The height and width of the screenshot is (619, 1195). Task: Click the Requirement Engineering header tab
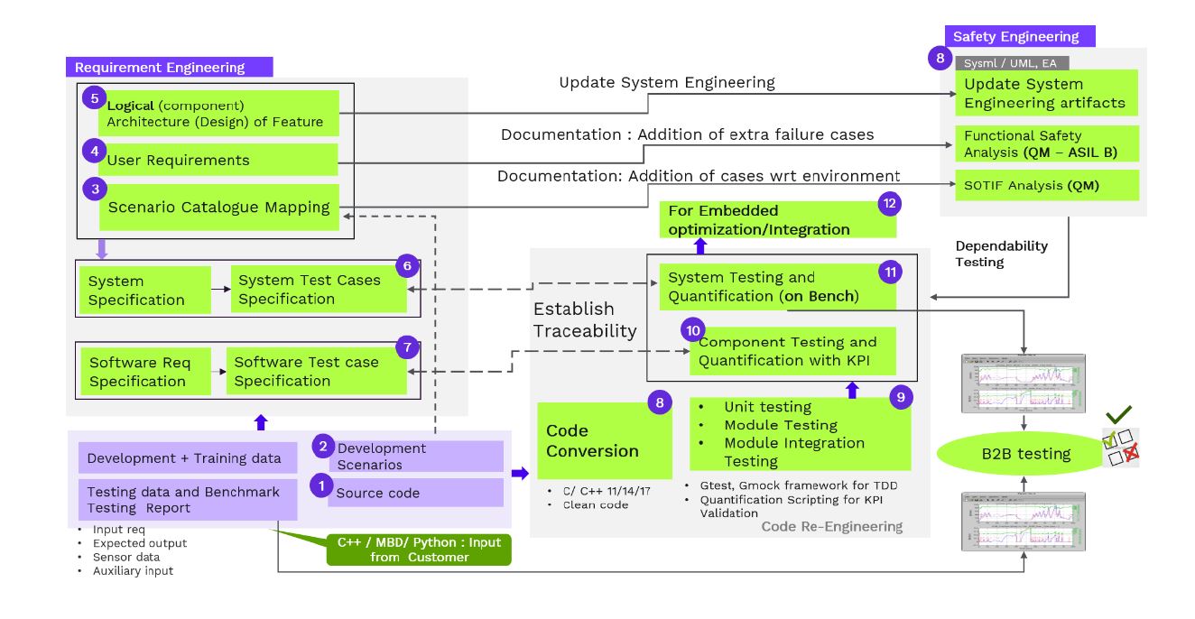[169, 67]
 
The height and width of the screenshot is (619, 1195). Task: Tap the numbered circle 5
[94, 97]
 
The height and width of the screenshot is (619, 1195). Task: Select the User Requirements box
[222, 160]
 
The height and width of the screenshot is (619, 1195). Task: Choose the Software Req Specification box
[145, 371]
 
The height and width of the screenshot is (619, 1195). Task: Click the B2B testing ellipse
[1026, 453]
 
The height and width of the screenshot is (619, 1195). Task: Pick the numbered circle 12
[890, 203]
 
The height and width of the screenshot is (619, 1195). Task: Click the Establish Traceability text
[584, 320]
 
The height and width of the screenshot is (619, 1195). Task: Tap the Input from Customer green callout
[419, 550]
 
